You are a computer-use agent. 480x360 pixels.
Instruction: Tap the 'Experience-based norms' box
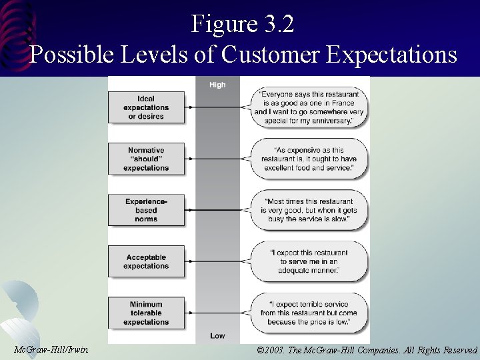[146, 210]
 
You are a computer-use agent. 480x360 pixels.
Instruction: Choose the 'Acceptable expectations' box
[146, 261]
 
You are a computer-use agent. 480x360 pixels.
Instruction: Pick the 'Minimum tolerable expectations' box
[146, 313]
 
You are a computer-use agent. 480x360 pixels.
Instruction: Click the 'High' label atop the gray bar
[217, 85]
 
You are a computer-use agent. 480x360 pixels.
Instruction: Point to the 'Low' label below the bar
[217, 335]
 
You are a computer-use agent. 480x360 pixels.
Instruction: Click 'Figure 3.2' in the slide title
[243, 25]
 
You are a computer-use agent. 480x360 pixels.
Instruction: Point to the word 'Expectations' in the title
[391, 54]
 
